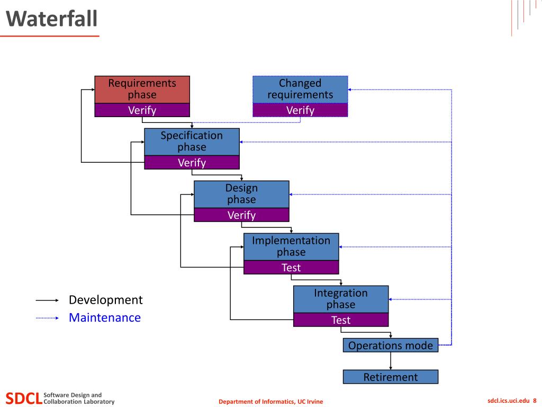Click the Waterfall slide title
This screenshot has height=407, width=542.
click(51, 19)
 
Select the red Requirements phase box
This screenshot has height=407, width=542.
click(142, 89)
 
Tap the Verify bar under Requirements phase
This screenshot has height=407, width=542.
click(142, 110)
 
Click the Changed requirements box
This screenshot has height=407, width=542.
click(300, 89)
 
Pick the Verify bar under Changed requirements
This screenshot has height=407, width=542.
click(300, 110)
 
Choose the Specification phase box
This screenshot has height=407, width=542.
click(192, 142)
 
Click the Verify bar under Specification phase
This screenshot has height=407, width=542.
click(192, 162)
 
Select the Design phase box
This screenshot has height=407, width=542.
click(241, 194)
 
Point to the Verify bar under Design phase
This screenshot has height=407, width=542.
click(241, 215)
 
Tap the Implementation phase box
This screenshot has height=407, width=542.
click(291, 247)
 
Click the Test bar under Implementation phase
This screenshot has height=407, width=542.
click(291, 268)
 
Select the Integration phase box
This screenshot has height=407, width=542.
click(341, 299)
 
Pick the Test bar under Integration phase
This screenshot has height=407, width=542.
click(341, 320)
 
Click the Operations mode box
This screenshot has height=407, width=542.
click(391, 346)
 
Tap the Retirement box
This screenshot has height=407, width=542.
click(391, 377)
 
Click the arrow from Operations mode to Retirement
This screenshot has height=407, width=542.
click(391, 361)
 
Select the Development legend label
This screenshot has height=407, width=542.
click(106, 300)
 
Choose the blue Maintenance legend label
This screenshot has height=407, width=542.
click(105, 318)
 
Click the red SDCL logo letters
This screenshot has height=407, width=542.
click(24, 399)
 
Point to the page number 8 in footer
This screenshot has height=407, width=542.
click(535, 401)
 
